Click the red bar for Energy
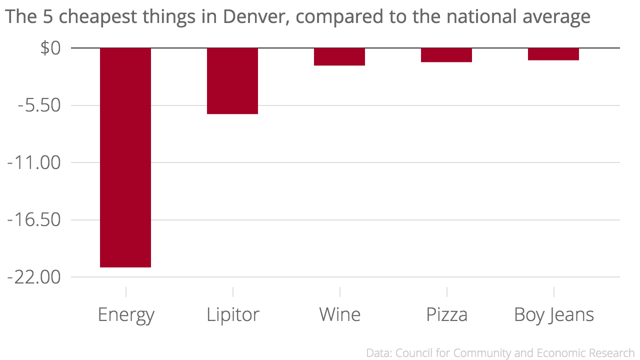[125, 157]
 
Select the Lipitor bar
[232, 81]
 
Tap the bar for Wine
[339, 56]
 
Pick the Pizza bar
[446, 55]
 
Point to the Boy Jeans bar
[553, 54]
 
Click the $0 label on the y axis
[50, 48]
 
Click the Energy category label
[126, 315]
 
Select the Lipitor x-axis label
[233, 315]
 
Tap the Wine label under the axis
[339, 315]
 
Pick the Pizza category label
[447, 315]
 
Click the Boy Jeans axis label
[554, 315]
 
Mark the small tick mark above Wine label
[340, 291]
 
